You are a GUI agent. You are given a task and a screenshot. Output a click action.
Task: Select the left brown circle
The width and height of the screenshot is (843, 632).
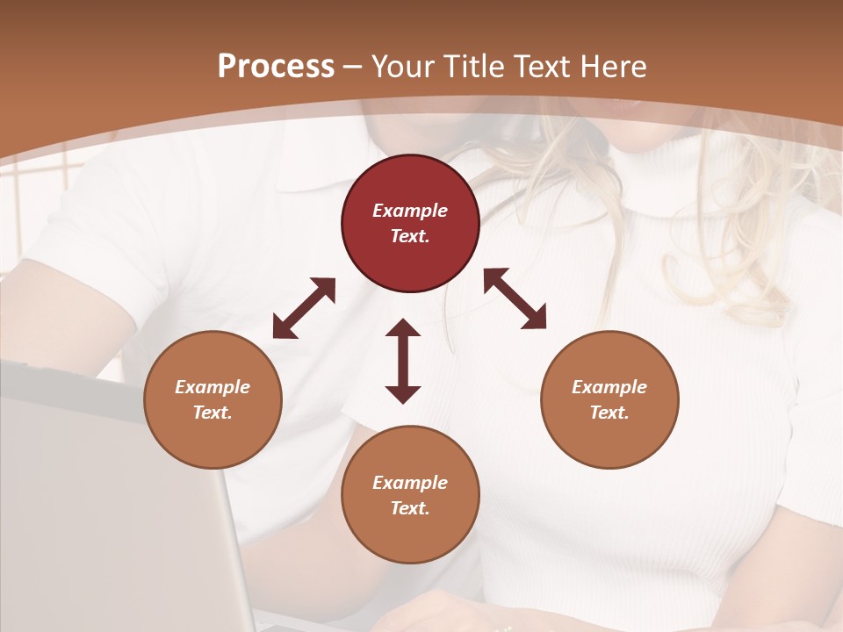coord(213,399)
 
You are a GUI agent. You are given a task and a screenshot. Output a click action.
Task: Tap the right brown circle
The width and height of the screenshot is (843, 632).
coord(609,399)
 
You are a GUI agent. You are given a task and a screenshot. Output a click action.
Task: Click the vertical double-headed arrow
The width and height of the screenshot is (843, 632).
coord(403,361)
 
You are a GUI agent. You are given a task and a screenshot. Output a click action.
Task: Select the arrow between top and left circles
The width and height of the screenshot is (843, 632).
coord(304,308)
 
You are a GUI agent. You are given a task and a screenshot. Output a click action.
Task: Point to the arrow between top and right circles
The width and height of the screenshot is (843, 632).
coord(515,298)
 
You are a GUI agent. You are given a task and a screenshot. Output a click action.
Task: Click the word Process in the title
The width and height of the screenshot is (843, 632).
coord(276,67)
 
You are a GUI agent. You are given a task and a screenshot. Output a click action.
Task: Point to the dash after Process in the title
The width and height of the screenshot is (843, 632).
coord(353,67)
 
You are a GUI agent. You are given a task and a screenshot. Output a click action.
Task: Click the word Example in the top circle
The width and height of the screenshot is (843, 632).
coord(410,211)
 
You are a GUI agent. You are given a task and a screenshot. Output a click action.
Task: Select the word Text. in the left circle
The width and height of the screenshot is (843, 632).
coord(213,413)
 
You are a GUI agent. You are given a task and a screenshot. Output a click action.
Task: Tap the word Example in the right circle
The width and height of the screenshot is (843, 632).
coord(609,387)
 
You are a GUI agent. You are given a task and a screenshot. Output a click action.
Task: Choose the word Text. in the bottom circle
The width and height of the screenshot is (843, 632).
coord(410,508)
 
